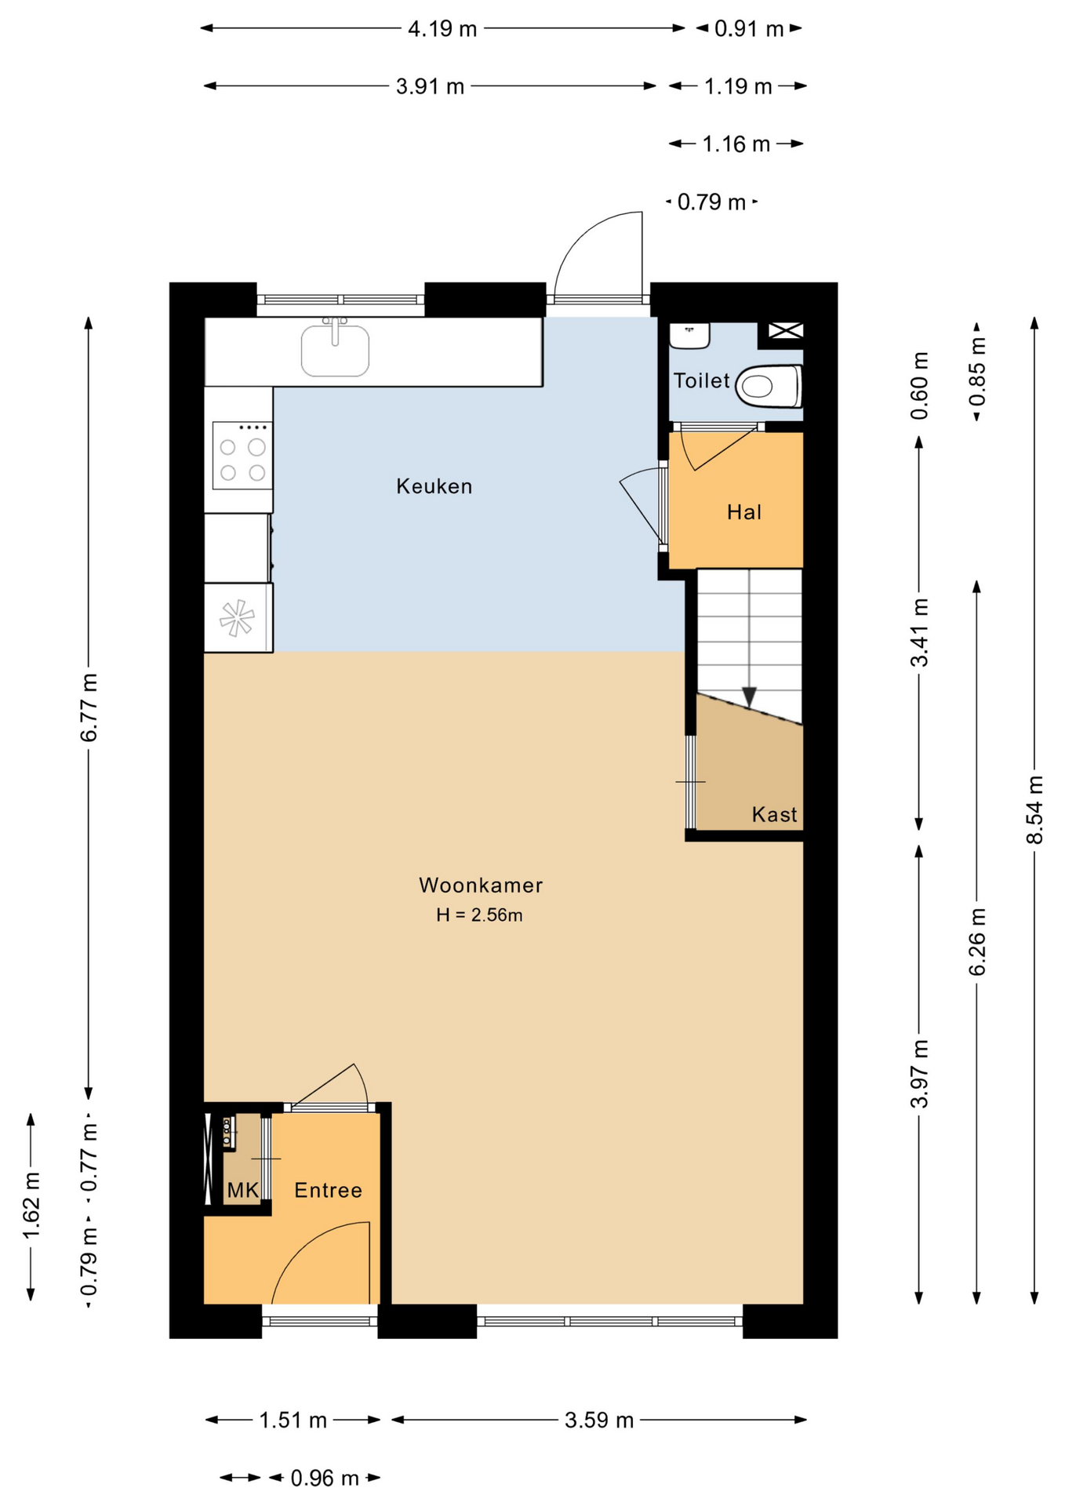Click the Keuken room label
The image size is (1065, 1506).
click(x=434, y=486)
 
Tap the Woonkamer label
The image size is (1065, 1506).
click(x=481, y=885)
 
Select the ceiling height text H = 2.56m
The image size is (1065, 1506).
click(x=479, y=915)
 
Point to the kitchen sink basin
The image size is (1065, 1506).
click(x=335, y=350)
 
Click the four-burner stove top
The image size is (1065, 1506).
click(x=242, y=456)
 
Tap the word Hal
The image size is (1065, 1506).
click(x=743, y=512)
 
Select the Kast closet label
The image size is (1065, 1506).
click(x=774, y=814)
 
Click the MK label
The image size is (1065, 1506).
click(x=242, y=1190)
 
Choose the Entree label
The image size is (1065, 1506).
click(x=328, y=1190)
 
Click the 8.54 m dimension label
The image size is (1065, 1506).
click(x=1034, y=809)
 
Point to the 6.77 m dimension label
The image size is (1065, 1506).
click(x=89, y=707)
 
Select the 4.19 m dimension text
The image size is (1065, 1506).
click(x=442, y=29)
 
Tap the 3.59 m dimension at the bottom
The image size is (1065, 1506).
click(x=599, y=1420)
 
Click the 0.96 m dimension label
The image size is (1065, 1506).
click(x=325, y=1478)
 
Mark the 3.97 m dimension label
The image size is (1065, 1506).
click(x=919, y=1073)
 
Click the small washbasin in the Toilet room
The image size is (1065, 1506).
click(x=689, y=335)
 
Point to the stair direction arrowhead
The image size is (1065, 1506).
click(x=749, y=697)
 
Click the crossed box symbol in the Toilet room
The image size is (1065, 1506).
click(x=785, y=331)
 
